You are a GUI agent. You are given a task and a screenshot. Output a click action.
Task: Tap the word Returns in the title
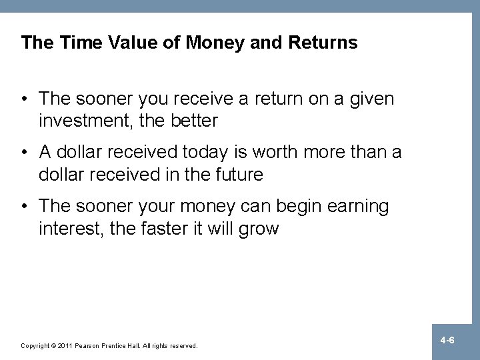click(x=324, y=43)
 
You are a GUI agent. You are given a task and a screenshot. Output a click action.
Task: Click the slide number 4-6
click(x=447, y=341)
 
